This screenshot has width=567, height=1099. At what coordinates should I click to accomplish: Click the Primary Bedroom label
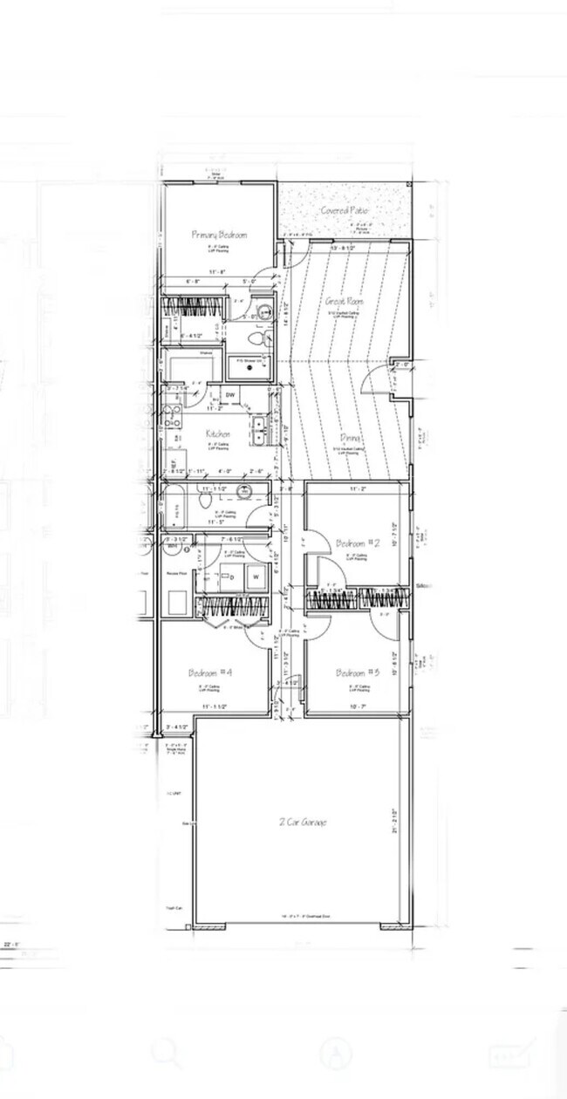click(219, 235)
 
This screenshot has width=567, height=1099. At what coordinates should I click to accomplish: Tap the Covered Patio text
click(345, 211)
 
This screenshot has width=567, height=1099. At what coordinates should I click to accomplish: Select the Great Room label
click(345, 302)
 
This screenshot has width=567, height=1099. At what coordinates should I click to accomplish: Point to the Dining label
click(352, 440)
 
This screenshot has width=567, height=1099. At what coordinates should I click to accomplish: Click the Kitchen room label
click(217, 433)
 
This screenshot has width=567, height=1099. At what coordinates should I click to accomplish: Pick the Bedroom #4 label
click(210, 672)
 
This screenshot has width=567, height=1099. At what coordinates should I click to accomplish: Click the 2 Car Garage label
click(303, 822)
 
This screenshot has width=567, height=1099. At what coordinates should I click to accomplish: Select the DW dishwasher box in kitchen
click(230, 395)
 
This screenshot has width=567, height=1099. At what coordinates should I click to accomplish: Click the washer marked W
click(256, 576)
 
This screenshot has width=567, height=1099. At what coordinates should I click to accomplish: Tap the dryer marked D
click(232, 576)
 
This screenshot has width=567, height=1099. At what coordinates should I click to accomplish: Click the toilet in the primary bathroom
click(255, 338)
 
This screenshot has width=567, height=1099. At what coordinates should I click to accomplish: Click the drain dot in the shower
click(250, 367)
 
